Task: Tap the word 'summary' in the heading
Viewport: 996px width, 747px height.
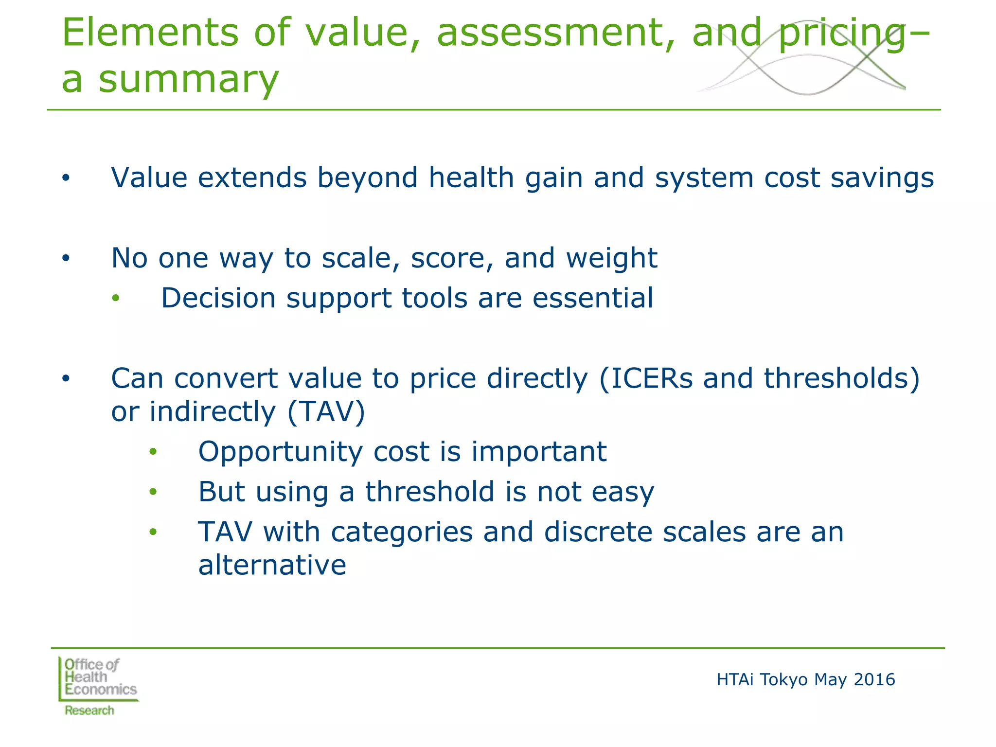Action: click(189, 79)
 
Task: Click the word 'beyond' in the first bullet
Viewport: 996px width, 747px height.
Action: click(367, 178)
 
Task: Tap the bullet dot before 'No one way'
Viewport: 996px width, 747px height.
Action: click(66, 258)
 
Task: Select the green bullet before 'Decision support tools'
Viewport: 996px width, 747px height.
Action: click(115, 298)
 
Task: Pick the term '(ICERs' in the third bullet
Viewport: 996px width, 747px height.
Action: click(645, 378)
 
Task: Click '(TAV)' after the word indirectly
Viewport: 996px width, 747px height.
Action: click(326, 412)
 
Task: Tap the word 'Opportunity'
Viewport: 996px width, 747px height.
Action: click(280, 452)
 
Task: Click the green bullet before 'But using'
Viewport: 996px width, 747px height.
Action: click(153, 492)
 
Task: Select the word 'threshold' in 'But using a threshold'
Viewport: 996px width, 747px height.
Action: click(430, 492)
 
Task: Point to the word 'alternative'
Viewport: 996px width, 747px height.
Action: click(272, 565)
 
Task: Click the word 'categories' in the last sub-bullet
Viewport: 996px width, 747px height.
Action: click(402, 532)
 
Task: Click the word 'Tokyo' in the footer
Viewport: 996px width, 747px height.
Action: click(783, 679)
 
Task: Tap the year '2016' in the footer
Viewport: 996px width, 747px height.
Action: click(874, 679)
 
